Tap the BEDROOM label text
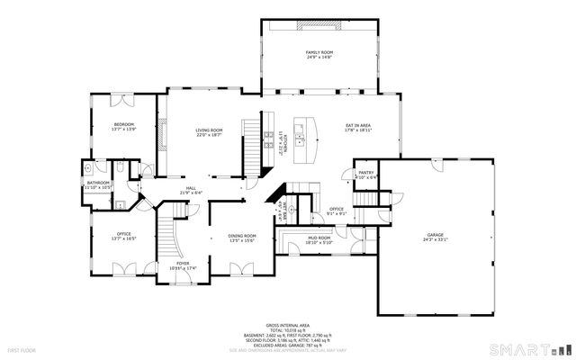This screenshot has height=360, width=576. point(123,124)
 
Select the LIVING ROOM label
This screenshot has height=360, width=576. point(210,130)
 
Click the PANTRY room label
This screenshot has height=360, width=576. point(366,173)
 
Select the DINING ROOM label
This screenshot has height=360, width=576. point(243,236)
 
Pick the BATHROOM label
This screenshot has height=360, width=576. point(98,184)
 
